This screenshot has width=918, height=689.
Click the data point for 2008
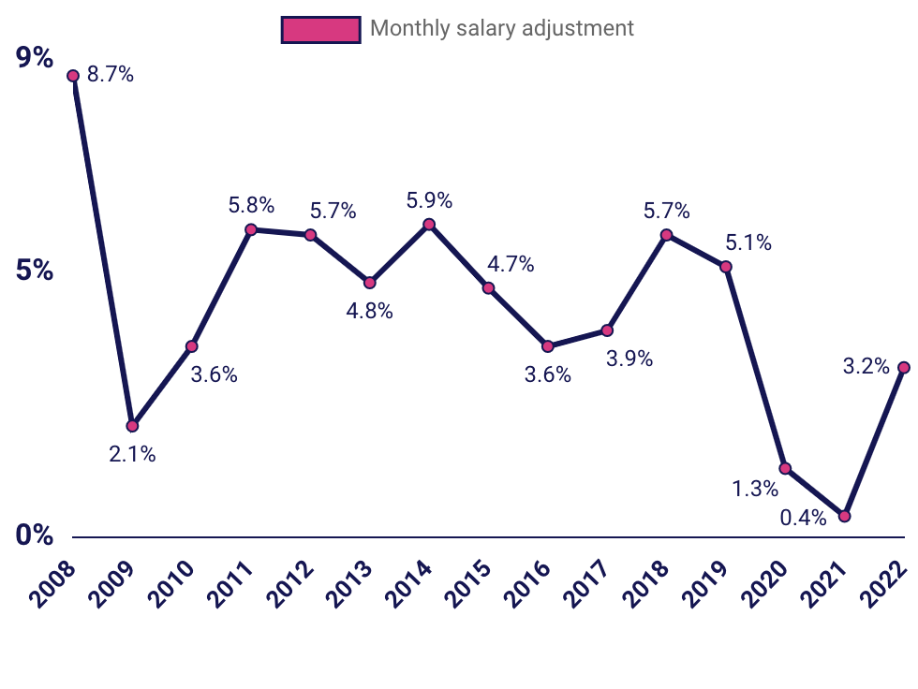pos(73,76)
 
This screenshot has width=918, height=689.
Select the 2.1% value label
pos(132,456)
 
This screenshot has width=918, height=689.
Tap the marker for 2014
pos(429,225)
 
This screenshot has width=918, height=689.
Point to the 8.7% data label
pos(111,75)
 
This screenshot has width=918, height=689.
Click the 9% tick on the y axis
pos(36,58)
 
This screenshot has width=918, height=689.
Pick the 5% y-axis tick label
pos(36,271)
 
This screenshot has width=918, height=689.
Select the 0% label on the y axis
pos(36,535)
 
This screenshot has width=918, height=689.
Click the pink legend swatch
pos(320,29)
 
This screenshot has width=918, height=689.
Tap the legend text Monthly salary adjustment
pos(502,28)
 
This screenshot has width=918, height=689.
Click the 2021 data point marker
pos(845,516)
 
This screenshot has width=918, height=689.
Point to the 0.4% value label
pos(804,518)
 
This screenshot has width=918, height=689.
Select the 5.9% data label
pos(429,200)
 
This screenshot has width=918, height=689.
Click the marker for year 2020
pos(785,468)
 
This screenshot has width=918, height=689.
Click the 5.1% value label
pos(748,243)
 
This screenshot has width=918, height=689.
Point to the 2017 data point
pos(607,330)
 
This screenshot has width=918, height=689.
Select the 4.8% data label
pos(369,312)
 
